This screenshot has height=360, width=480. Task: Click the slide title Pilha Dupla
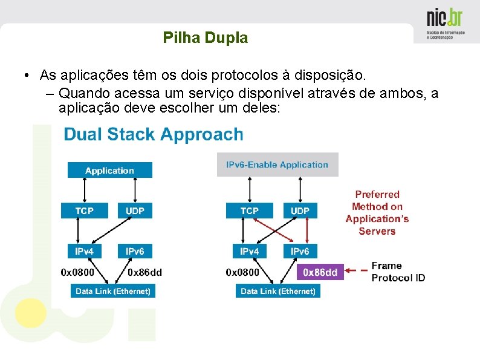click(x=206, y=38)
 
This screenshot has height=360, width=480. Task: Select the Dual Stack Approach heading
click(x=154, y=134)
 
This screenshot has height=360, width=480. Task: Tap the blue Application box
click(x=109, y=171)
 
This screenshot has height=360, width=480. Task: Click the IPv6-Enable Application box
click(x=277, y=165)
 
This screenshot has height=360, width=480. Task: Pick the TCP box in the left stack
click(x=85, y=211)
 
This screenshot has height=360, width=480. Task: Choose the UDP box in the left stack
click(x=135, y=211)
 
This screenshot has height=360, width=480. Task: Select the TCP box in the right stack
click(x=249, y=211)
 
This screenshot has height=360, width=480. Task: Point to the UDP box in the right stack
click(x=300, y=211)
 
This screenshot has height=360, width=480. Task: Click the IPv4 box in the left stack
click(x=85, y=251)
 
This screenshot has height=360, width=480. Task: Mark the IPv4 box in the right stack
click(x=249, y=251)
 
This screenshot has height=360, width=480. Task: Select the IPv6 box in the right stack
click(x=300, y=251)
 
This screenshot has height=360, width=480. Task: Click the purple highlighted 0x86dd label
click(x=320, y=272)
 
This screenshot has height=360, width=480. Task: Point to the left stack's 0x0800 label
click(x=77, y=272)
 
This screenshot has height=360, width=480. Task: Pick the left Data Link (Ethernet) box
click(x=112, y=291)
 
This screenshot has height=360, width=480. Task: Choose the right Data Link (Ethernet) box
click(x=277, y=291)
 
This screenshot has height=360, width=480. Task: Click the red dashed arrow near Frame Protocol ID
click(x=357, y=270)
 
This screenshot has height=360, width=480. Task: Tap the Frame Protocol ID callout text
click(x=398, y=272)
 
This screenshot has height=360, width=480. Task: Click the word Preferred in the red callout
click(x=377, y=194)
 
